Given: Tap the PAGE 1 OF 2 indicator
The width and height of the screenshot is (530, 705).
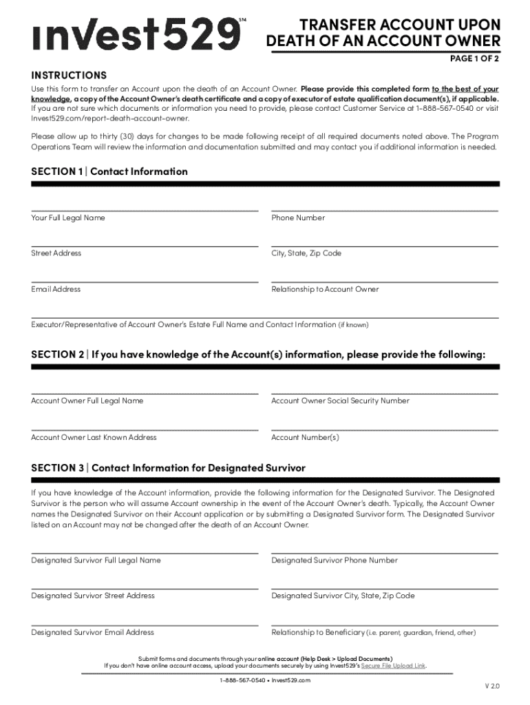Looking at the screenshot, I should pyautogui.click(x=474, y=59).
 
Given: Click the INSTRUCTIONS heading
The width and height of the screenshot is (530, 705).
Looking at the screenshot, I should pyautogui.click(x=69, y=74).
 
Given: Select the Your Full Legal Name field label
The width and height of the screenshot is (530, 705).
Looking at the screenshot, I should pyautogui.click(x=68, y=218).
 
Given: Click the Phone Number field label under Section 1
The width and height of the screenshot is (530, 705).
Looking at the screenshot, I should pyautogui.click(x=298, y=218).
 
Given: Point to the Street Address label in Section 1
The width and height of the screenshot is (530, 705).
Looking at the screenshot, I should pyautogui.click(x=56, y=253).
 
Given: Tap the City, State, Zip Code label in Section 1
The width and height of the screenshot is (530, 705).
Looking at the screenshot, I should pyautogui.click(x=306, y=253).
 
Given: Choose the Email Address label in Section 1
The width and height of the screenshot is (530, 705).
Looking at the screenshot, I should pyautogui.click(x=56, y=289).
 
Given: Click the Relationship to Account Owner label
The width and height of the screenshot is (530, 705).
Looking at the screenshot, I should pyautogui.click(x=325, y=289).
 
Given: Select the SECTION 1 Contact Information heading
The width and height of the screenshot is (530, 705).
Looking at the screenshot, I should pyautogui.click(x=109, y=171).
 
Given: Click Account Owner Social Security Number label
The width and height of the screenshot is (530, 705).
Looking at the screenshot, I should pyautogui.click(x=340, y=401).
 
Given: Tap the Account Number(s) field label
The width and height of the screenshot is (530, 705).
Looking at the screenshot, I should pyautogui.click(x=305, y=437).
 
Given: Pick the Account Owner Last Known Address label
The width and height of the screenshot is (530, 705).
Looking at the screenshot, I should pyautogui.click(x=94, y=437).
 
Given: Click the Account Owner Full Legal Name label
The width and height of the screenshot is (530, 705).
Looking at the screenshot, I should pyautogui.click(x=87, y=401).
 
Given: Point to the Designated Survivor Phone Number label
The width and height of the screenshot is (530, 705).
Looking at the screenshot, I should pyautogui.click(x=335, y=560).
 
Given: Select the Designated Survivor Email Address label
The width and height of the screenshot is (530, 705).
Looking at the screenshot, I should pyautogui.click(x=92, y=632).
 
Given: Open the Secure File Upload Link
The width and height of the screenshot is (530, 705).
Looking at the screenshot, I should pyautogui.click(x=398, y=666).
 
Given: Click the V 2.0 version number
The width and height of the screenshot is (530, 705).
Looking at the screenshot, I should pyautogui.click(x=491, y=686).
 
